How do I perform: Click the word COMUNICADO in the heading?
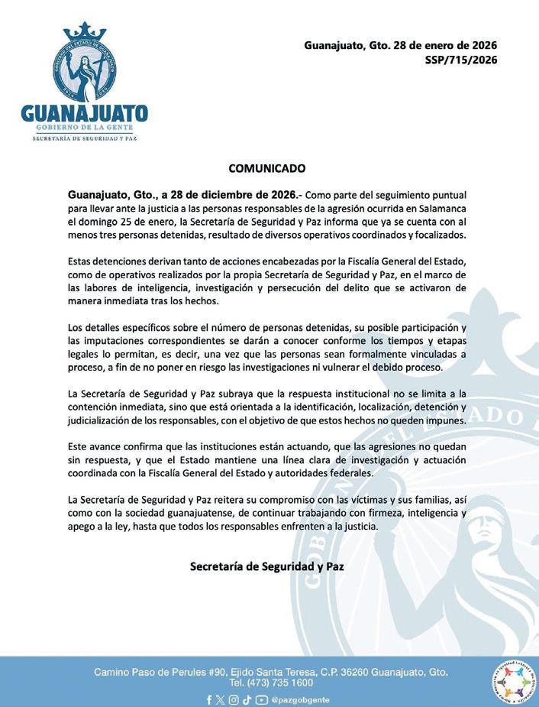point(267,168)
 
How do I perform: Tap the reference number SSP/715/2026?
point(460,60)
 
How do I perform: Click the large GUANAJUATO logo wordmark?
point(84,114)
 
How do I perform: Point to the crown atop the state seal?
point(84,32)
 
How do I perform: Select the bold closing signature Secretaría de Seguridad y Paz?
point(267,566)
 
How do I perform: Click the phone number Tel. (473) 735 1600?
point(271,683)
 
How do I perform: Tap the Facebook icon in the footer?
point(209,699)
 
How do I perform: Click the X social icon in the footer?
point(221,699)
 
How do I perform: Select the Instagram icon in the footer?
point(234,699)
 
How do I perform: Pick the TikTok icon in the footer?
point(247,699)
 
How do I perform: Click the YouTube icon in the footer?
point(261,699)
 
